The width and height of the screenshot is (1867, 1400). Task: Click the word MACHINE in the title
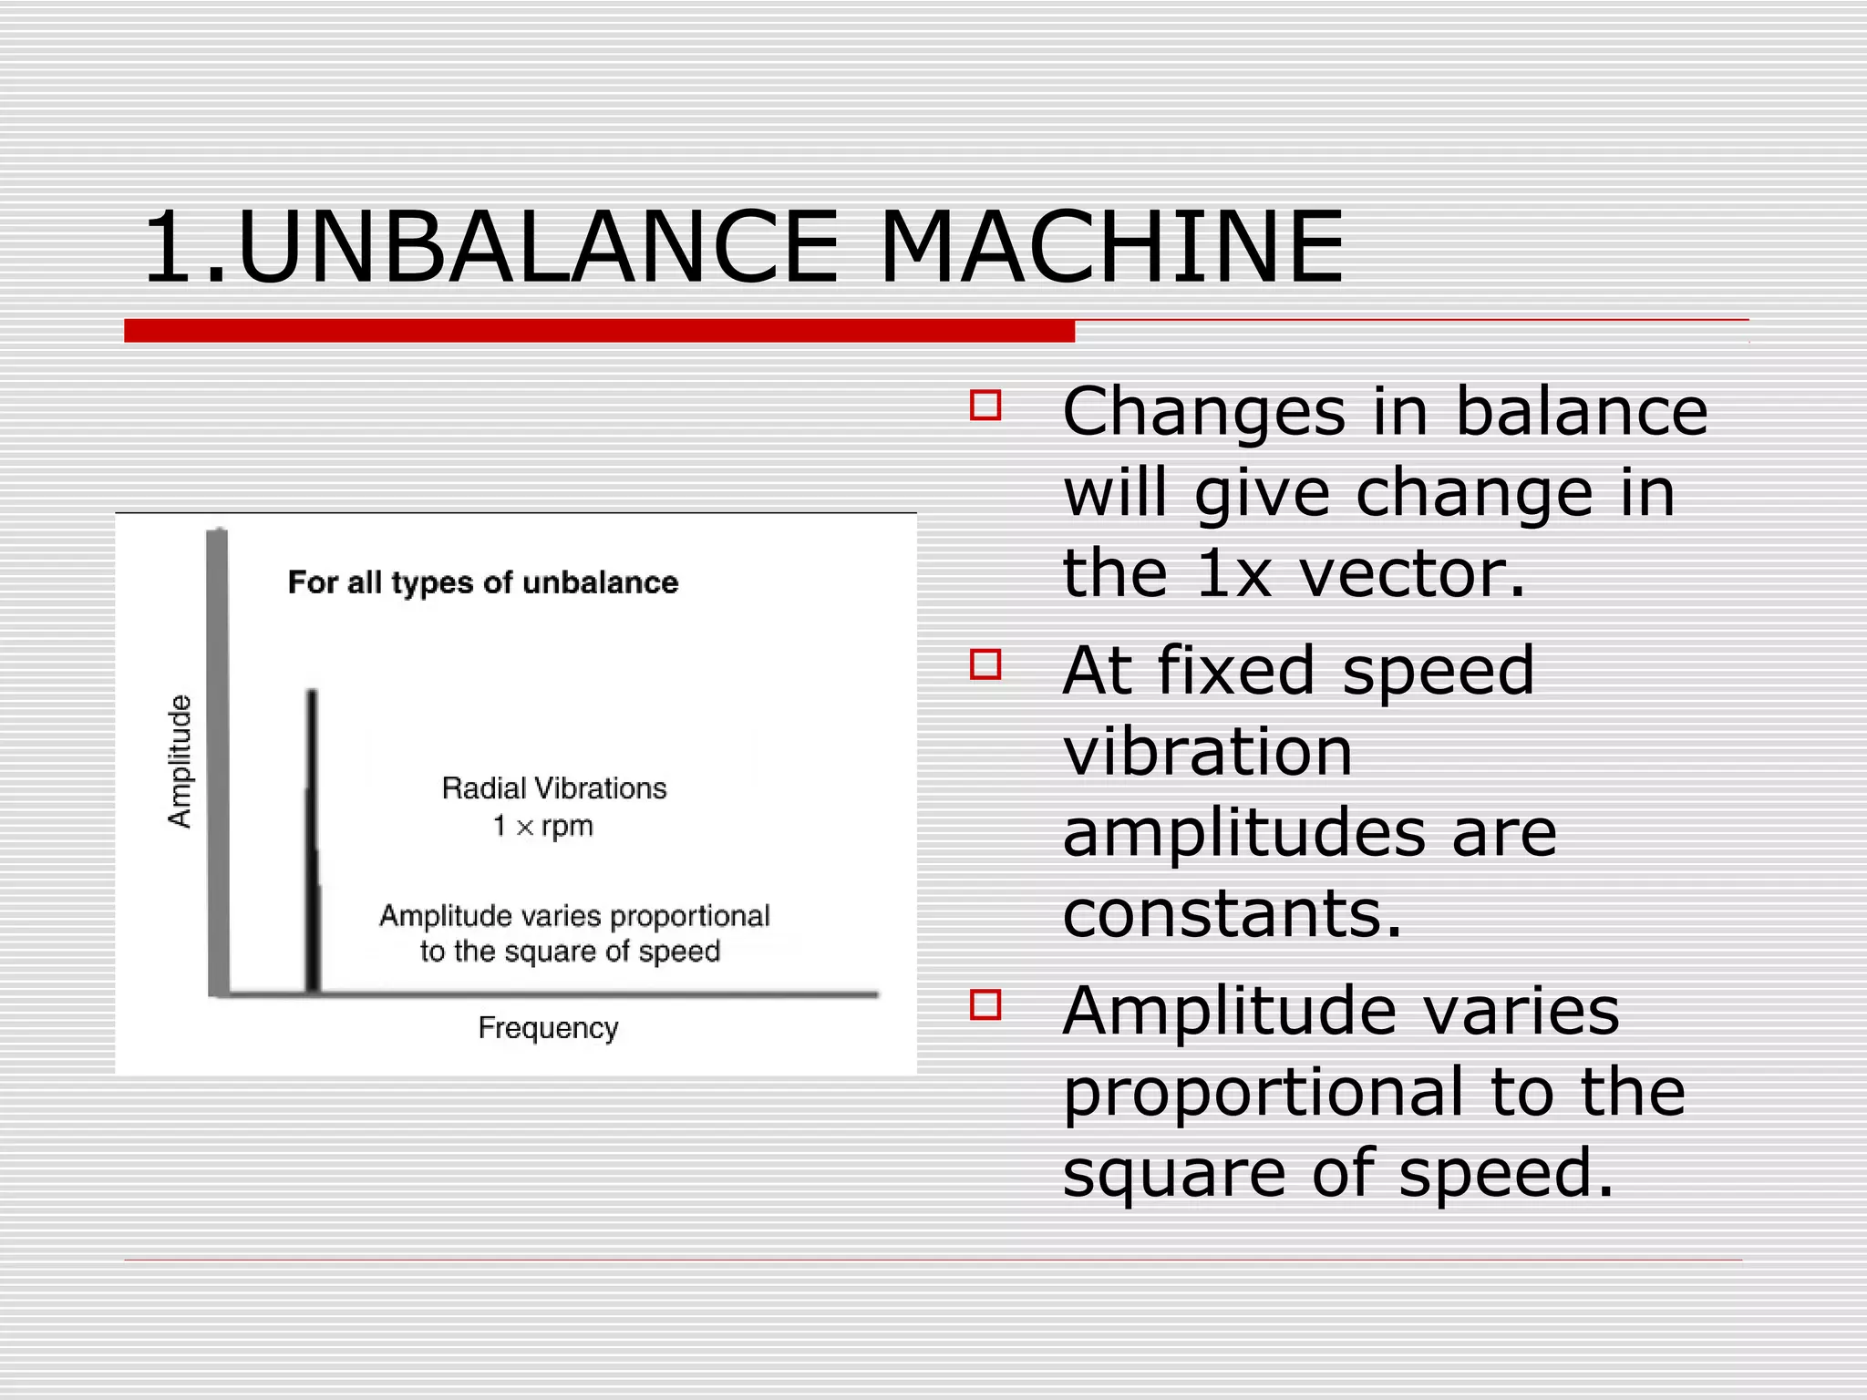(1111, 248)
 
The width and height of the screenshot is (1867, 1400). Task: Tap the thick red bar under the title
(599, 331)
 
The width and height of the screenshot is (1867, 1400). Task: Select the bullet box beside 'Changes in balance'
(985, 406)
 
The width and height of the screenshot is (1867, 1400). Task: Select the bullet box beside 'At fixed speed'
(985, 664)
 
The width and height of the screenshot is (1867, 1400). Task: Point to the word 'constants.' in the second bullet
(1232, 913)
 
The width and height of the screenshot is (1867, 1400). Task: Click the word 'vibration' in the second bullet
(1207, 752)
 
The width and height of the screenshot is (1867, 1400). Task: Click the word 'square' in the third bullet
(1175, 1174)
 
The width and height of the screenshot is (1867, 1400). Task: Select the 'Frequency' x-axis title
(548, 1028)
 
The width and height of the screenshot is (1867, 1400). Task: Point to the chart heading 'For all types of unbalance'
(483, 582)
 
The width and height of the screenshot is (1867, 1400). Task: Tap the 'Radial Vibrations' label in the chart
(554, 788)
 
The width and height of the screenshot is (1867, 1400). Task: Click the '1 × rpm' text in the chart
(543, 827)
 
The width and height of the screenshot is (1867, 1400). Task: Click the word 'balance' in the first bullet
(1581, 412)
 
